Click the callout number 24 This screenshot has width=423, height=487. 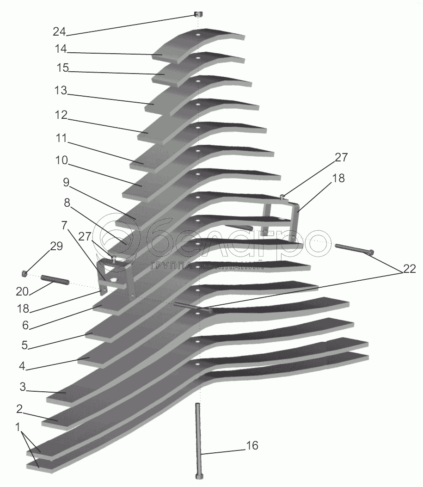click(x=59, y=32)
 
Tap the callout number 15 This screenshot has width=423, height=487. click(x=62, y=68)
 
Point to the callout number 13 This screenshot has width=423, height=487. click(x=60, y=91)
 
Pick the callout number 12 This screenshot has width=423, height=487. click(x=61, y=114)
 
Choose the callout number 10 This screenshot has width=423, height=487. click(x=61, y=160)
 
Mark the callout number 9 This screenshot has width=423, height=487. click(x=66, y=182)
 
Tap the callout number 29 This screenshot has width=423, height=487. click(x=56, y=247)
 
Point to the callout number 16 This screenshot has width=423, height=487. click(x=252, y=446)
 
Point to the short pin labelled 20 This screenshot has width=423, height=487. click(x=55, y=280)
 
